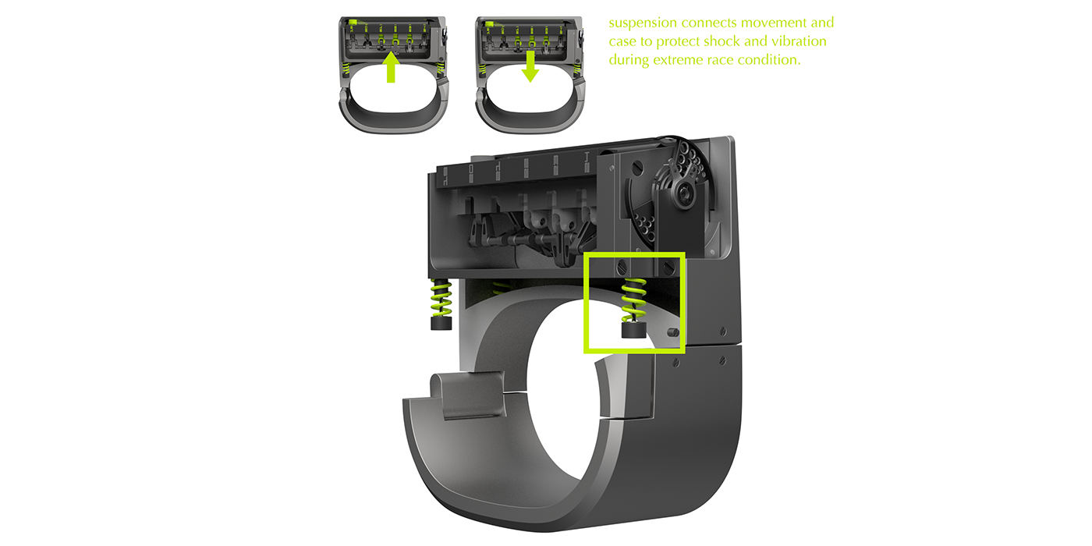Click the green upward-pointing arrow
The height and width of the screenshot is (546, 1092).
pos(392,68)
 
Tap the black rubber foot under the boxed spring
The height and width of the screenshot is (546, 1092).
pos(633,330)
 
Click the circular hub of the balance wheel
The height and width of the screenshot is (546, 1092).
pos(686,192)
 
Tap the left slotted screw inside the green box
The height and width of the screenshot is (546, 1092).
pos(622,266)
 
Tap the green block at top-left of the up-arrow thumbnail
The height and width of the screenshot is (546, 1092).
pos(353,23)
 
